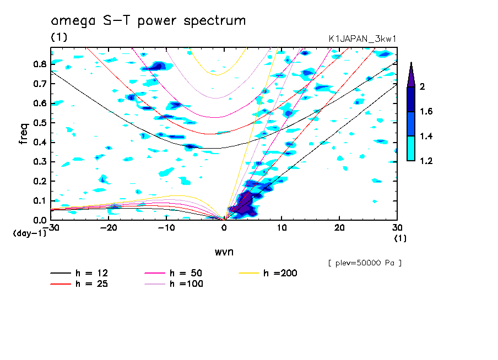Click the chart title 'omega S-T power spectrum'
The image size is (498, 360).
(x=148, y=21)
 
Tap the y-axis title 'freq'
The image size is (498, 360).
(x=24, y=134)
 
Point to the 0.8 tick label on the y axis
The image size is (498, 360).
(x=39, y=64)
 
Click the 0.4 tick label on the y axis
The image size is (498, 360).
(x=39, y=143)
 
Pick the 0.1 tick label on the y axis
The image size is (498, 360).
(x=39, y=201)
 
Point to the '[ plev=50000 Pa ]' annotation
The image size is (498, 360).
(x=365, y=263)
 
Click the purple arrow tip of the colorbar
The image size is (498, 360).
(x=410, y=72)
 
